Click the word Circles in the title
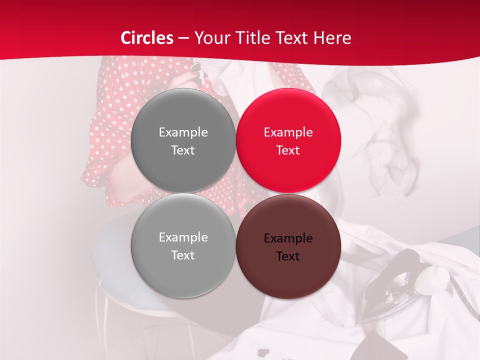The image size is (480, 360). click(147, 38)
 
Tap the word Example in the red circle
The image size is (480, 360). click(288, 132)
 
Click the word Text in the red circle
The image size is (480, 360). click(288, 150)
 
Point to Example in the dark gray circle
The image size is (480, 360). click(183, 132)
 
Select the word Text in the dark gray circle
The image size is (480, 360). click(183, 150)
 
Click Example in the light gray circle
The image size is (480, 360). click(183, 237)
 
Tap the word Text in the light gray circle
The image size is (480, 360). click(183, 255)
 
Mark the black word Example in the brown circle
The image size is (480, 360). click(288, 238)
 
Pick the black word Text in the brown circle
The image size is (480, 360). click(288, 256)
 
